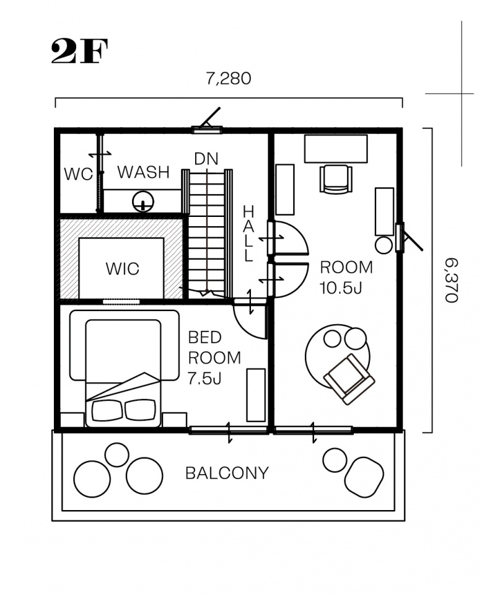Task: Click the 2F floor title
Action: click(79, 51)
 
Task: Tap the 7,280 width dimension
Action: click(228, 79)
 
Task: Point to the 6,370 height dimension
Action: click(451, 280)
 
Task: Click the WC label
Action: click(78, 174)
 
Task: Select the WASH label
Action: click(143, 172)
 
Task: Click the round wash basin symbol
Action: click(143, 201)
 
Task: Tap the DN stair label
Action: click(206, 159)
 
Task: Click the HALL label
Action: click(248, 234)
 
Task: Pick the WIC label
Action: click(123, 268)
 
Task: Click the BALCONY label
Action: click(227, 473)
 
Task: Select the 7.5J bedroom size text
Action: click(204, 378)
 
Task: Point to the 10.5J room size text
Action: click(341, 288)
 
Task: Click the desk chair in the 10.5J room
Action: click(336, 178)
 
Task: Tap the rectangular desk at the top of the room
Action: click(336, 149)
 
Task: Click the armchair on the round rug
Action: click(349, 379)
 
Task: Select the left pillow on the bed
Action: click(107, 410)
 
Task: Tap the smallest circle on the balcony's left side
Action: click(117, 454)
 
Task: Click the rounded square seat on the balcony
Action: click(364, 477)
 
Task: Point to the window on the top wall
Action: click(207, 130)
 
